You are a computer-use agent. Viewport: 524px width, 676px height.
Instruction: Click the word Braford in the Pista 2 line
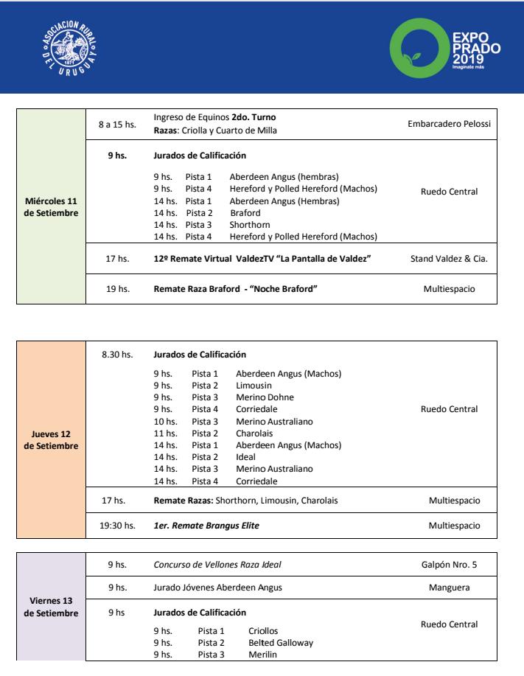tap(245, 212)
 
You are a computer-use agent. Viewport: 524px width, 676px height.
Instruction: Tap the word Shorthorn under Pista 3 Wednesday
tap(250, 225)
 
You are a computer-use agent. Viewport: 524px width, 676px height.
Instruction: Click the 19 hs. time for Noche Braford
tap(118, 289)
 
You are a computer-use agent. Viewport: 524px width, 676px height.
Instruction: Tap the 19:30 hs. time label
tap(119, 526)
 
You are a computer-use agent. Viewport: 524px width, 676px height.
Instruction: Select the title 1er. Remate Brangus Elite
tap(206, 526)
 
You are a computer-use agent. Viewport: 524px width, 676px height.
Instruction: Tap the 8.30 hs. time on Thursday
tap(118, 355)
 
